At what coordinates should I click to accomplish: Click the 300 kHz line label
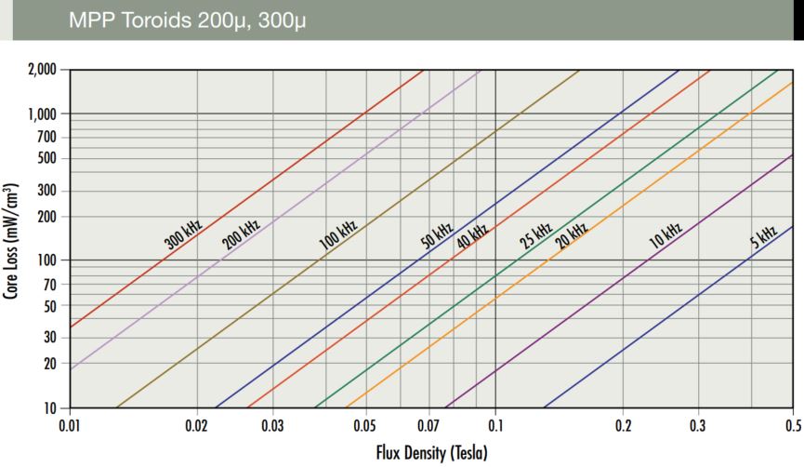(184, 233)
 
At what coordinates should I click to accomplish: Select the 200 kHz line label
(241, 233)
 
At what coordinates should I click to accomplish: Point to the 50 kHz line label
(437, 233)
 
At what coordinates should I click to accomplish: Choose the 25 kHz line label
(536, 233)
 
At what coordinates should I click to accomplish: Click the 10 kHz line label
(666, 233)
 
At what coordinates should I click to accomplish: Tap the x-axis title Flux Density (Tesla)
(433, 452)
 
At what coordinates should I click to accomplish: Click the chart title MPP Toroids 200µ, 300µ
(187, 20)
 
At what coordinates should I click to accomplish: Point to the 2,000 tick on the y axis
(40, 70)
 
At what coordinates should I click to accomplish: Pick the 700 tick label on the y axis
(46, 137)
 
